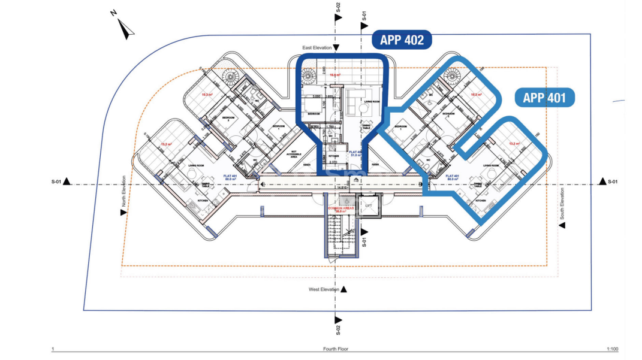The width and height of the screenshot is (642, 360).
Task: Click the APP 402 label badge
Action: coord(402,40)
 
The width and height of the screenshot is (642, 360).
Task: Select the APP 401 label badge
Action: coord(544,98)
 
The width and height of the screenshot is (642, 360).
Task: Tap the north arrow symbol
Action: coord(125,28)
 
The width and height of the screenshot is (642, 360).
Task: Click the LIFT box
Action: coord(369,207)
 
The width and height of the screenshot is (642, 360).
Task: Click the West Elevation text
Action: coord(324,289)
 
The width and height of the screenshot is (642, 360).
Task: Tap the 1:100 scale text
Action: coord(613,349)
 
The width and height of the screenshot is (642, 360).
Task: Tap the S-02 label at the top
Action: coord(338,7)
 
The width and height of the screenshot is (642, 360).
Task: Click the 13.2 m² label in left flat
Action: coord(166,144)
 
